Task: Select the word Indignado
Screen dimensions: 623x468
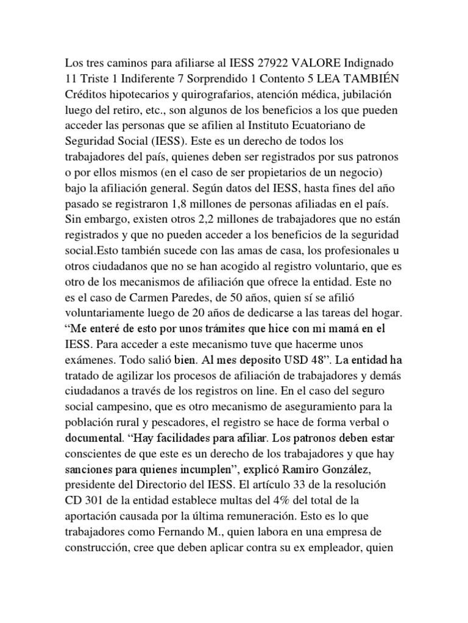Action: pos(372,63)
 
